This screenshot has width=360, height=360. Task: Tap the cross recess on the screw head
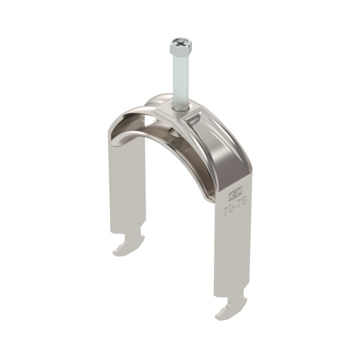pyautogui.click(x=176, y=44)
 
